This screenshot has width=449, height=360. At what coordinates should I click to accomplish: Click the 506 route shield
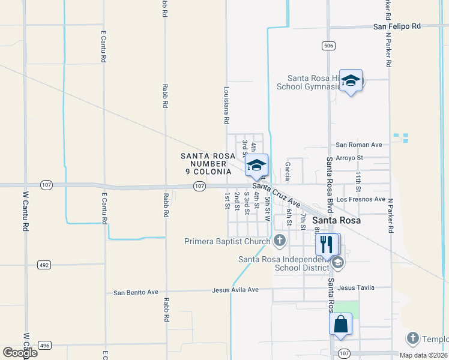pyautogui.click(x=328, y=46)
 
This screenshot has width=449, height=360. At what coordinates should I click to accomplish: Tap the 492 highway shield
pyautogui.click(x=44, y=264)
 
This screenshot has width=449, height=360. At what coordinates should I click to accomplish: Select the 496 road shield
pyautogui.click(x=44, y=345)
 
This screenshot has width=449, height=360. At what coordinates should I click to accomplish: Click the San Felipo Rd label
pyautogui.click(x=397, y=26)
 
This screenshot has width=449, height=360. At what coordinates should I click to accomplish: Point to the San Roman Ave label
pyautogui.click(x=359, y=145)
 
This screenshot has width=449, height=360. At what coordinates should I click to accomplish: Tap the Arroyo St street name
pyautogui.click(x=350, y=158)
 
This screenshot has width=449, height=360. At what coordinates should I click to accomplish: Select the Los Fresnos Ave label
pyautogui.click(x=361, y=199)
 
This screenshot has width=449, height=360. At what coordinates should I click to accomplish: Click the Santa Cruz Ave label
pyautogui.click(x=276, y=192)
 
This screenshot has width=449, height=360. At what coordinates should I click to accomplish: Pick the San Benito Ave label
pyautogui.click(x=136, y=292)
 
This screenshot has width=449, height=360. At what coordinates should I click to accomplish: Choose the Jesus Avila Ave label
pyautogui.click(x=235, y=290)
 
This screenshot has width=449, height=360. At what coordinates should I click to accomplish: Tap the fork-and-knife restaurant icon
pyautogui.click(x=327, y=244)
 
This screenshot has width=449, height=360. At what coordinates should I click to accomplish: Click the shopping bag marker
pyautogui.click(x=340, y=323)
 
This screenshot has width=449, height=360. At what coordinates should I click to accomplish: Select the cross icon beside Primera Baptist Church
pyautogui.click(x=279, y=241)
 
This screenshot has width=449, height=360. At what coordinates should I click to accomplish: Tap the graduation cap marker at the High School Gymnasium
pyautogui.click(x=350, y=80)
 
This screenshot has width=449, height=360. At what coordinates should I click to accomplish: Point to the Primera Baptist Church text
pyautogui.click(x=228, y=242)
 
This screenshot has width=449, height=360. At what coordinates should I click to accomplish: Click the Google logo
pyautogui.click(x=20, y=353)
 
